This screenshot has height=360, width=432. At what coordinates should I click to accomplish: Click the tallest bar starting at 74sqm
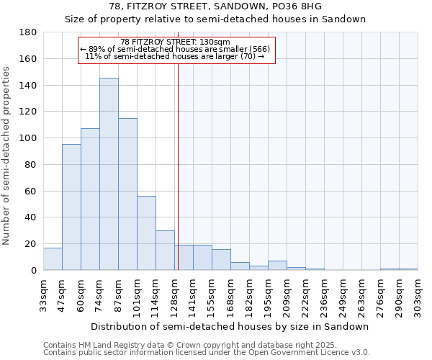(109, 174)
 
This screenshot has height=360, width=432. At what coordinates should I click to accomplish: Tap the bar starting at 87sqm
(127, 194)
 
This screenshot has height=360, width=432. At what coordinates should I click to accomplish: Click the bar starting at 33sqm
(53, 259)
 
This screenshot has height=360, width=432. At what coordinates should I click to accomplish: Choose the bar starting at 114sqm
(165, 251)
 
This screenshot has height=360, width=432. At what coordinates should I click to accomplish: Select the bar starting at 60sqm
(90, 199)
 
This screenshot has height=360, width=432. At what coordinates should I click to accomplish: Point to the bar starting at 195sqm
(277, 266)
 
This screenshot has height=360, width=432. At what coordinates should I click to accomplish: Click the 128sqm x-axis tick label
(174, 294)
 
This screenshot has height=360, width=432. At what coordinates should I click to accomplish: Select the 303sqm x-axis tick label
(418, 294)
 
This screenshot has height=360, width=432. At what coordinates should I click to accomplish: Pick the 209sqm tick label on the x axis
(287, 294)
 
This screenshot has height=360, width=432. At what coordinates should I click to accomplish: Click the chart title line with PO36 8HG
(216, 6)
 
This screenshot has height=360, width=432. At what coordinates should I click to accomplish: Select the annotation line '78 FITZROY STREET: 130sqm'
(176, 42)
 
